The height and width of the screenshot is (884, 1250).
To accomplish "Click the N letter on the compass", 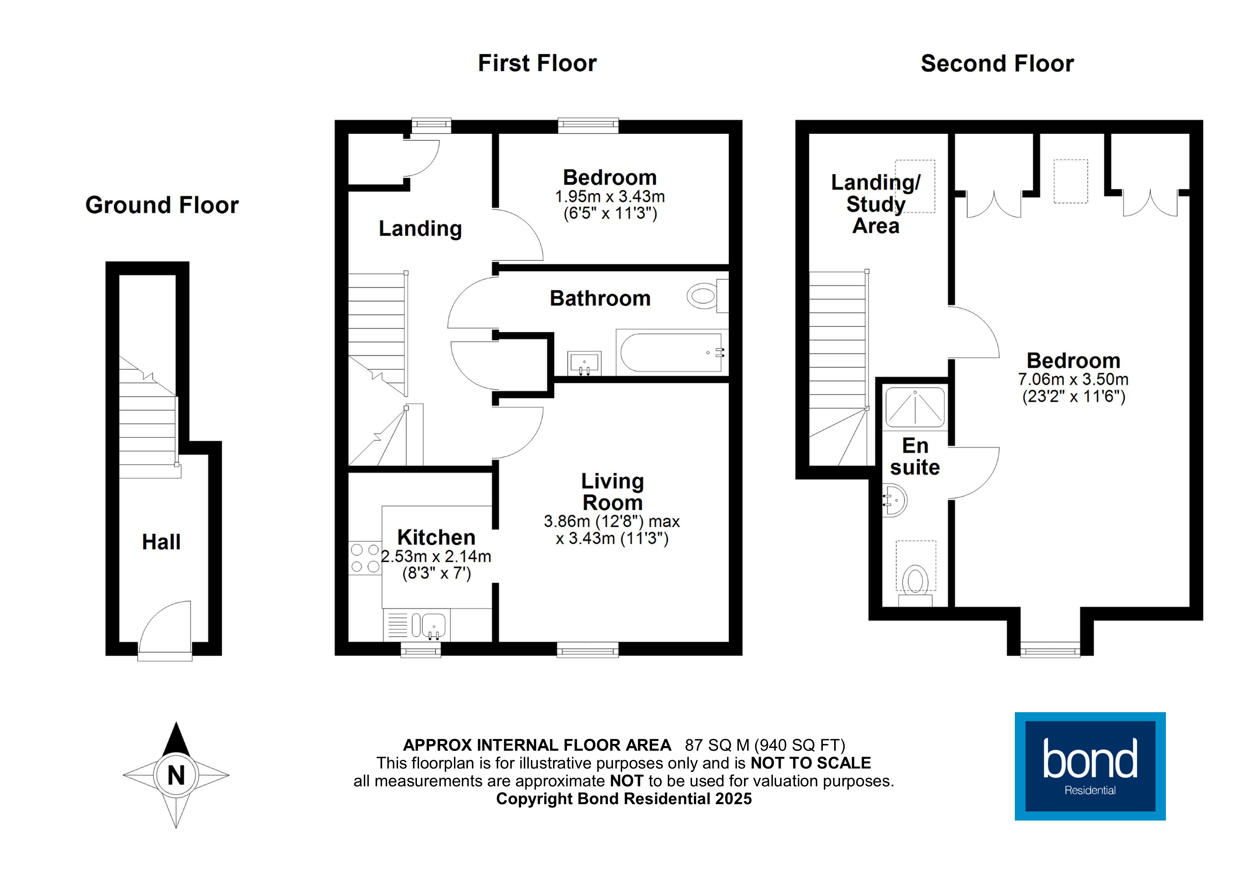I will [176, 775].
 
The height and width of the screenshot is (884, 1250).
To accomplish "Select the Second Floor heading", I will [997, 64].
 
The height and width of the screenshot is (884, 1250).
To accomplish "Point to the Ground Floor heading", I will [162, 205].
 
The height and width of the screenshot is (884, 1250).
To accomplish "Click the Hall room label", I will [161, 542].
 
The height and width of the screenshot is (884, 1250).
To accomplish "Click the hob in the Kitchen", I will [365, 558].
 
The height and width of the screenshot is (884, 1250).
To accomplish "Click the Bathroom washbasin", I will [584, 363].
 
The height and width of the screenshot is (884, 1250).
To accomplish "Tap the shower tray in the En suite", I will [915, 407].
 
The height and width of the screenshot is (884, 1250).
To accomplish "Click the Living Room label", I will [613, 491].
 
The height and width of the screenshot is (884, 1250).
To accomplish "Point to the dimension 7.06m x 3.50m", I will [1073, 380].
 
